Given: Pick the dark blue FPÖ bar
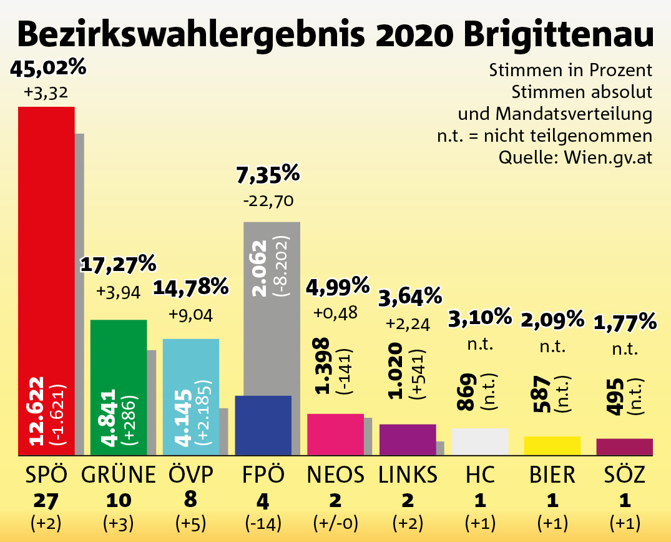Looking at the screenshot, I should tap(263, 425).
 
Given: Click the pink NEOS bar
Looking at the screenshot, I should tap(335, 434).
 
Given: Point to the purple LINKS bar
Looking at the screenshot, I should tap(408, 440).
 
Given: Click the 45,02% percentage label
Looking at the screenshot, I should tap(48, 67).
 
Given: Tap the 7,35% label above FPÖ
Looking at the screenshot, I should tap(268, 174).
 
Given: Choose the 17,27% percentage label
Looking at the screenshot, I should tap(119, 265).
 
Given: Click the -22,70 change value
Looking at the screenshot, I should tap(268, 201).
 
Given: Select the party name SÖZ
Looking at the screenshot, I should tap(624, 475).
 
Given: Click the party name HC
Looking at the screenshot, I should tap(480, 475).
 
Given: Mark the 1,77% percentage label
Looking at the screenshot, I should tap(625, 323).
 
